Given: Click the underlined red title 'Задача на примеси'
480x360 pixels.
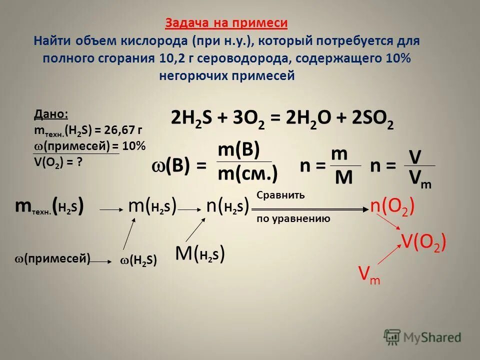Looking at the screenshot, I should [x=226, y=23].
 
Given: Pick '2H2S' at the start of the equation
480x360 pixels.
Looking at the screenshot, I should [x=192, y=120].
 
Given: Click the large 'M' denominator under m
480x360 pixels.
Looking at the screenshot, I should [x=343, y=177].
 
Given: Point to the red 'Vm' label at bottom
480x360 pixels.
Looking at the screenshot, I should [x=369, y=274].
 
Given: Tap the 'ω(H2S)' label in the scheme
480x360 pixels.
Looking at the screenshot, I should [x=139, y=260].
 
